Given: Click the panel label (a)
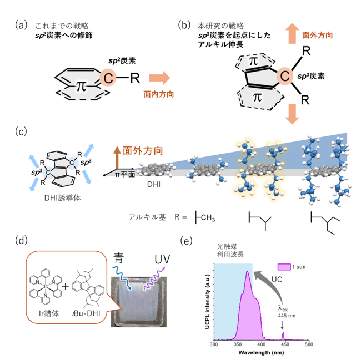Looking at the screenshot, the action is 21,25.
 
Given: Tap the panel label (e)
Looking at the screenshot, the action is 186,241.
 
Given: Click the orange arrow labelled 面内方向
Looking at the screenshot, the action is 159,78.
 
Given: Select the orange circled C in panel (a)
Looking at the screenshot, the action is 108,78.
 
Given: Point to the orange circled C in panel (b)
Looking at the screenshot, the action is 285,75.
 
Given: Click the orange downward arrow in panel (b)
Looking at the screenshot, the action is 292,114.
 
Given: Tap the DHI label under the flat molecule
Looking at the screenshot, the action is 154,184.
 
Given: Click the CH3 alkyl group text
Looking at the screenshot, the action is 208,217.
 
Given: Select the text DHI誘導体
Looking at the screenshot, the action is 63,198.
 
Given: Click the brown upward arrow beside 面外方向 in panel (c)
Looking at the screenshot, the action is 117,158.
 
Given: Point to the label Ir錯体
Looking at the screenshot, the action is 49,313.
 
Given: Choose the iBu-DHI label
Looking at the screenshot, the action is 86,313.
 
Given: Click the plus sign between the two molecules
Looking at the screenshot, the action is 66,286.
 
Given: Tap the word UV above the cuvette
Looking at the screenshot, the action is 162,259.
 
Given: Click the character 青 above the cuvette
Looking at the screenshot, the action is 118,258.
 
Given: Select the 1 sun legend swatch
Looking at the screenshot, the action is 284,267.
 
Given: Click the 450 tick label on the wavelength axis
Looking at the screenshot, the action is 285,344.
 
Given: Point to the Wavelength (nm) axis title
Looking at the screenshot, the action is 261,352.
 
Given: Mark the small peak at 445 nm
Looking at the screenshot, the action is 283,335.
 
